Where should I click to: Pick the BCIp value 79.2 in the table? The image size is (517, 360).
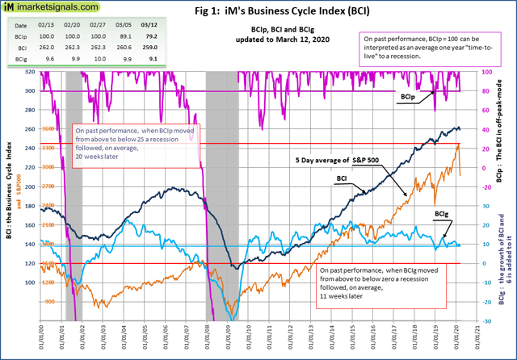tap(149, 36)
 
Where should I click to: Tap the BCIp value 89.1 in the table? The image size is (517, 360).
tap(124, 36)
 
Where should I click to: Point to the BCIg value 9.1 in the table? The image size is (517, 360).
tap(149, 59)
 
